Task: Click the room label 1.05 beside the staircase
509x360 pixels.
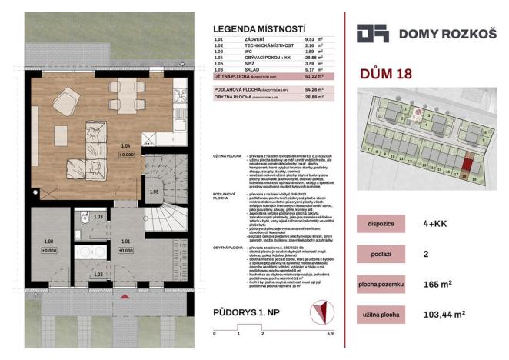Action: click(154, 192)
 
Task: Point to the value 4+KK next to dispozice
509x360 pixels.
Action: click(458, 223)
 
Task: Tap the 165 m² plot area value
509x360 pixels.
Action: click(458, 285)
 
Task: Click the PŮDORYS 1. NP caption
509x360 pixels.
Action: click(250, 313)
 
